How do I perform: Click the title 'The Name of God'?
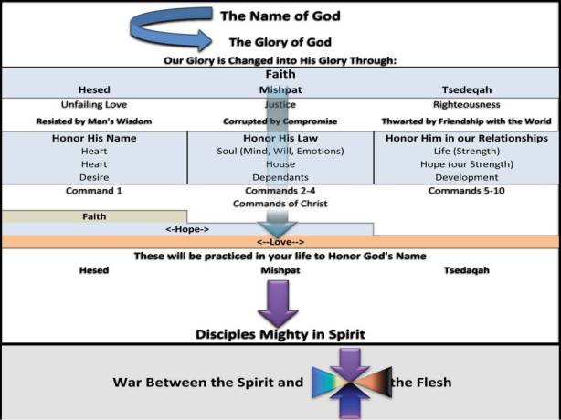tap(279, 16)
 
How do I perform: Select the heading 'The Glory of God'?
tap(279, 41)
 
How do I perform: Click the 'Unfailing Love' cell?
tap(94, 104)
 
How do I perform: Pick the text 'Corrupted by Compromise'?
tap(280, 121)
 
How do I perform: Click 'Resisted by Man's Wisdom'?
tap(94, 121)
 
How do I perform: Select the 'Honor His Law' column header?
tap(280, 138)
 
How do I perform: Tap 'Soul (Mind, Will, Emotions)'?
tap(280, 150)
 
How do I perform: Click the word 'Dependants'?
tap(280, 176)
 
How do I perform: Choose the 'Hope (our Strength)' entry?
tap(466, 163)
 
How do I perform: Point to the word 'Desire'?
tap(94, 176)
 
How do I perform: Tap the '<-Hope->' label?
tap(187, 229)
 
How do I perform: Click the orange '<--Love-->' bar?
tap(280, 242)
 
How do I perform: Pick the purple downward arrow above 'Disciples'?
tap(279, 301)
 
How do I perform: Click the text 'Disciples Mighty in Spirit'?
tap(280, 333)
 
